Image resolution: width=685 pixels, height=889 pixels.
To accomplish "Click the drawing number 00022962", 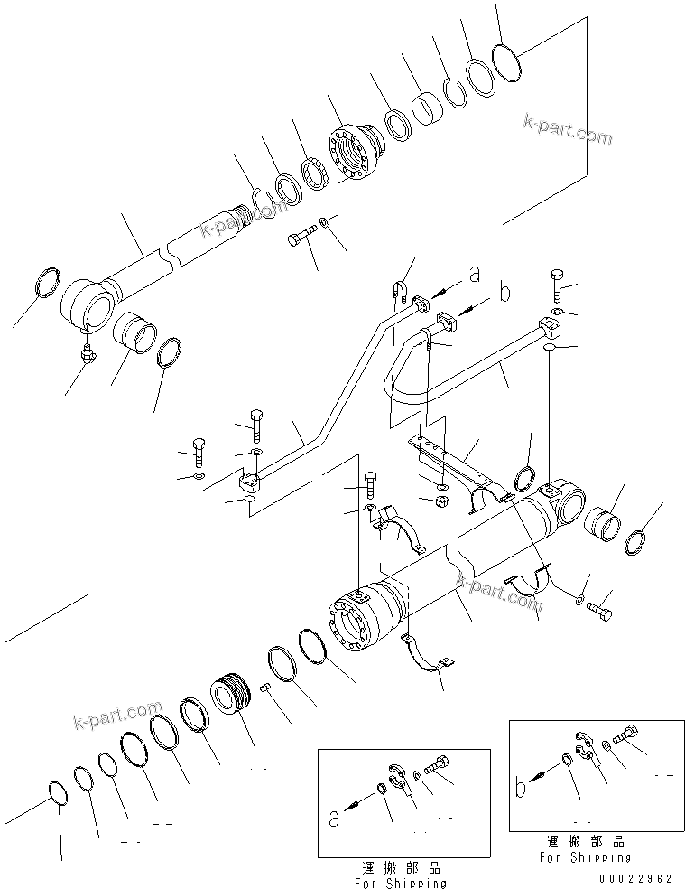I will (636, 875).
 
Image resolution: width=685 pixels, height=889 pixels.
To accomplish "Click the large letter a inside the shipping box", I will (334, 819).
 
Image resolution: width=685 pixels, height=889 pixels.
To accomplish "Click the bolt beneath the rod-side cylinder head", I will (300, 239).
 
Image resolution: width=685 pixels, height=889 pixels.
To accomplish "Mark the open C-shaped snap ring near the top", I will (455, 92).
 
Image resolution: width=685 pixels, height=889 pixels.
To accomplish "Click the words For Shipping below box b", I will (584, 856).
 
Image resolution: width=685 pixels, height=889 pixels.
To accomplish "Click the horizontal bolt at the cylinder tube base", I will (598, 611).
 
